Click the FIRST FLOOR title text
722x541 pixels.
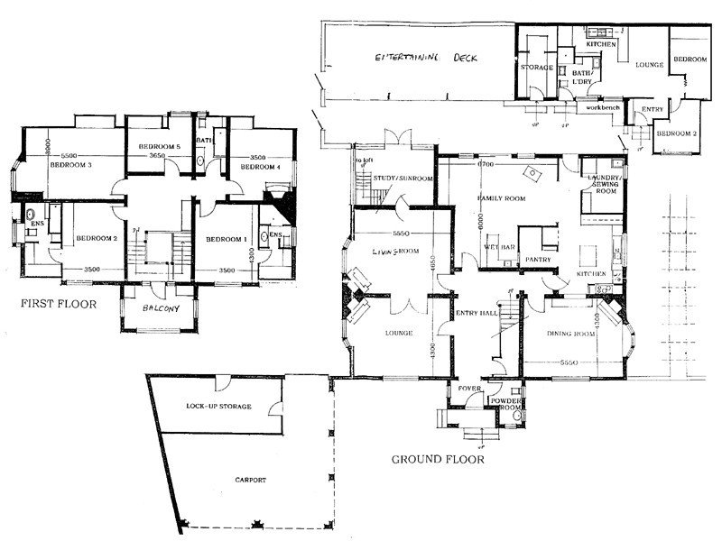tap(58, 305)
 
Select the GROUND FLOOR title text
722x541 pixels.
tap(438, 459)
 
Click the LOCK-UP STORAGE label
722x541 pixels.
tap(218, 407)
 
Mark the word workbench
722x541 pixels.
tap(602, 107)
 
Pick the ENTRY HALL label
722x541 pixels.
tap(474, 313)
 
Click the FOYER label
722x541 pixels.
tap(469, 391)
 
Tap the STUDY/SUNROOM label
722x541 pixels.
tap(403, 179)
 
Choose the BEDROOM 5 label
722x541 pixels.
tap(160, 145)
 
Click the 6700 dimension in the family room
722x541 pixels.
tap(486, 166)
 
